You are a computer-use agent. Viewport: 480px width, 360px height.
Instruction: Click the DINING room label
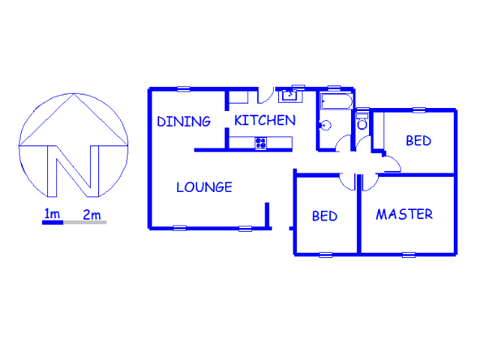184,121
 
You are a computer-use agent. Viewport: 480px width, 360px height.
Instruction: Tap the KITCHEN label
265,120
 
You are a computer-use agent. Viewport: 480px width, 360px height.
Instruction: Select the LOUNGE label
204,187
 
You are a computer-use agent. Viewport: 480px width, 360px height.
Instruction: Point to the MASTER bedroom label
404,214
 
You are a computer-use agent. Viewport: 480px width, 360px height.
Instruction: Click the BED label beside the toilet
418,141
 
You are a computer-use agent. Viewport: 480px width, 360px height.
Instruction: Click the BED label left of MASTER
325,216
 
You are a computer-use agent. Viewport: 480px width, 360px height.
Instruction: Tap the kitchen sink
289,95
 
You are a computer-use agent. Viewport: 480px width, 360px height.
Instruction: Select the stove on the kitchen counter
260,143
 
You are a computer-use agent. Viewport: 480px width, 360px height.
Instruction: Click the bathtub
337,101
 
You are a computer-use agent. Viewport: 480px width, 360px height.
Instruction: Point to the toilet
362,121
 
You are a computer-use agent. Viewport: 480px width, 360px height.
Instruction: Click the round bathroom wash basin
325,125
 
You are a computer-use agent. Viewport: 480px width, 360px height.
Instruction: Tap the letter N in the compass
73,171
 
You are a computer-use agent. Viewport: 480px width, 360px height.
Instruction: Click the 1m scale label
52,214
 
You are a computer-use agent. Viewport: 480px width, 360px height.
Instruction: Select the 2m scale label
91,214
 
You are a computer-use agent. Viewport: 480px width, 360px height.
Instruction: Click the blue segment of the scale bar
52,223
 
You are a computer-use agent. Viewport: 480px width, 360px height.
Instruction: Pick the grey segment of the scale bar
85,223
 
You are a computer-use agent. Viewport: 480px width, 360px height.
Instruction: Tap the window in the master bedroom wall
409,255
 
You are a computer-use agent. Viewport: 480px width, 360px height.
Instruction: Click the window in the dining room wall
184,89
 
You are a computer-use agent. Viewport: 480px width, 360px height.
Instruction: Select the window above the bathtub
334,88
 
